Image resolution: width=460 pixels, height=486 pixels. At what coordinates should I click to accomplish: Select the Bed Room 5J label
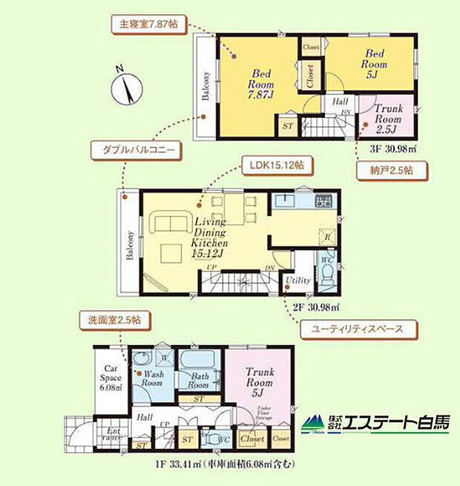point(372,62)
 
